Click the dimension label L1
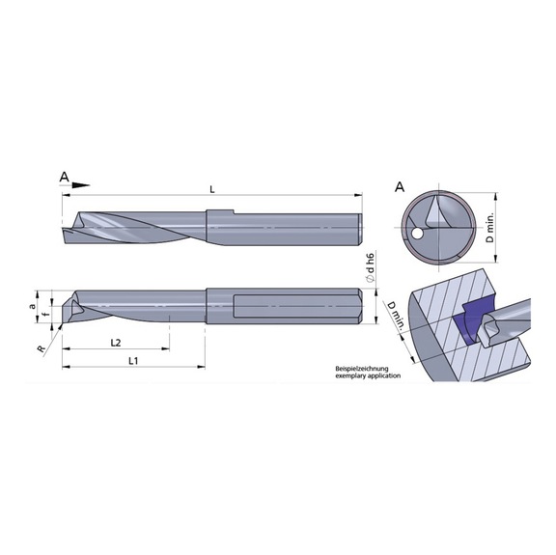(x=134, y=359)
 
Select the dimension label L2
(x=114, y=342)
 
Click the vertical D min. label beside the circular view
(x=490, y=229)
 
